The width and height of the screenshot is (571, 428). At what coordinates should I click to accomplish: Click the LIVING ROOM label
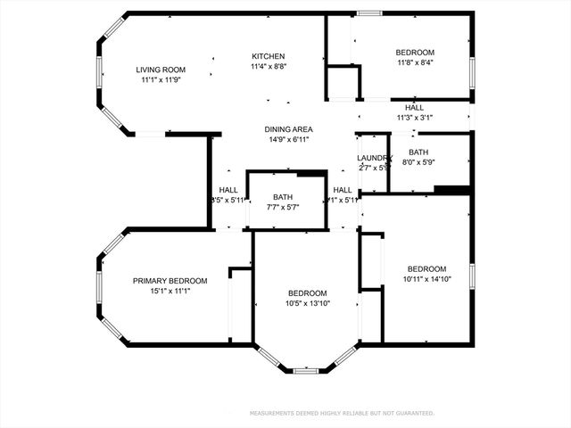[x=161, y=70]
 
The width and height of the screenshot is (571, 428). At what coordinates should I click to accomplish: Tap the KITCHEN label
[x=268, y=55]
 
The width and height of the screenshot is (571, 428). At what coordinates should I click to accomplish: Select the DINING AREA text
[x=288, y=129]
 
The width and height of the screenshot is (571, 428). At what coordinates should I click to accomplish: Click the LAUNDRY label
[x=375, y=158]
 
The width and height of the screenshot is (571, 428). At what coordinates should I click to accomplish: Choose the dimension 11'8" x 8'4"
[x=415, y=62]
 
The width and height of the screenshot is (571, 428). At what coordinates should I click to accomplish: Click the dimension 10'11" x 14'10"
[x=426, y=279]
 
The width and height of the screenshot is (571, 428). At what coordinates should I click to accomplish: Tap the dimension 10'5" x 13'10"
[x=307, y=303]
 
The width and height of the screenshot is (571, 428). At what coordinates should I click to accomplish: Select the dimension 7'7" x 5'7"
[x=283, y=207]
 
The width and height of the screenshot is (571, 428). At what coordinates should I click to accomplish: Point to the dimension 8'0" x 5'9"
[x=418, y=162]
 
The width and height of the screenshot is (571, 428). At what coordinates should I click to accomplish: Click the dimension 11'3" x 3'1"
[x=414, y=118]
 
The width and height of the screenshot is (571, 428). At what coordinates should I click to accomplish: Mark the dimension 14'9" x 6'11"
[x=288, y=140]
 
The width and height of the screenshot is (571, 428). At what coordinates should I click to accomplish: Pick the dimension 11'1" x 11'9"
[x=161, y=80]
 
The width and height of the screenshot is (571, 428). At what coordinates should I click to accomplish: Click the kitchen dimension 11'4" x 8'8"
[x=268, y=66]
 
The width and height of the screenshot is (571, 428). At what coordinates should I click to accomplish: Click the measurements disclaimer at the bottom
[x=342, y=414]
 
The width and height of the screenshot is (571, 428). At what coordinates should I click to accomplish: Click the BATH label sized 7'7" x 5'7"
[x=283, y=197]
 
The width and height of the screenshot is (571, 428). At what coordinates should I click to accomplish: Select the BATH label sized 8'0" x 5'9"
[x=418, y=152]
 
